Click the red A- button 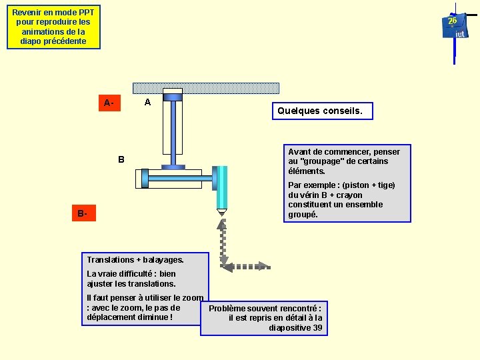109,103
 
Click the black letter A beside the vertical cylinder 147,102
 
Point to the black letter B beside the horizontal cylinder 121,159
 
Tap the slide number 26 452,21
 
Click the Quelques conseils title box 322,111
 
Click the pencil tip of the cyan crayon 221,213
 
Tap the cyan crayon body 221,187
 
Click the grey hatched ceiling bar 205,88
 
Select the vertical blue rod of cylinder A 173,133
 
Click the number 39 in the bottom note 317,328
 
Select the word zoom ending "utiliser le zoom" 193,298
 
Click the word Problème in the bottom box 229,308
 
